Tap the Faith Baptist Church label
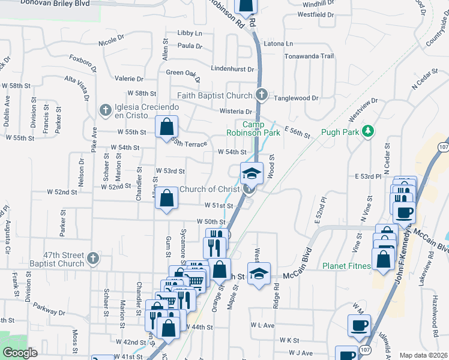point(214,95)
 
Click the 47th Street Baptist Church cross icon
point(92,259)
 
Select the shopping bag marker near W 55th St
point(166,127)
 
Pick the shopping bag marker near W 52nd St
point(166,199)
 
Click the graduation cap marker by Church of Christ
point(252,174)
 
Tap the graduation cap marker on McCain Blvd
point(259,274)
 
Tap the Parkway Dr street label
point(49,312)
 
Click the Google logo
point(19,353)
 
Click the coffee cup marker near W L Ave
point(360,325)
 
